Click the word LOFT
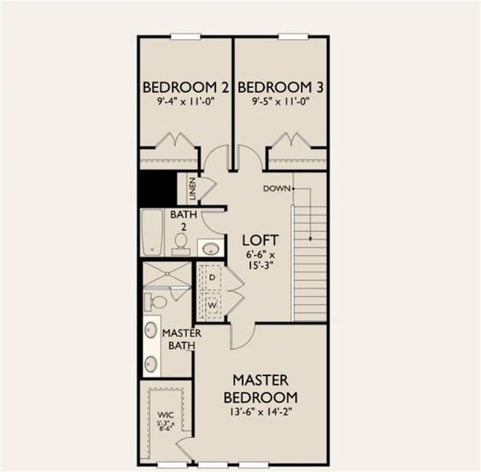(256, 238)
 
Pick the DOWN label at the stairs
(277, 188)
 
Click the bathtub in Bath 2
(152, 233)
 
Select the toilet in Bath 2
(180, 242)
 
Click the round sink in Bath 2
(210, 249)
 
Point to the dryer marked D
(211, 278)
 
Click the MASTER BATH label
(182, 339)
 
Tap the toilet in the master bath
(156, 301)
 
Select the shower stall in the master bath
(166, 275)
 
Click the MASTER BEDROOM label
(260, 389)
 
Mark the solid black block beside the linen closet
(157, 190)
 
